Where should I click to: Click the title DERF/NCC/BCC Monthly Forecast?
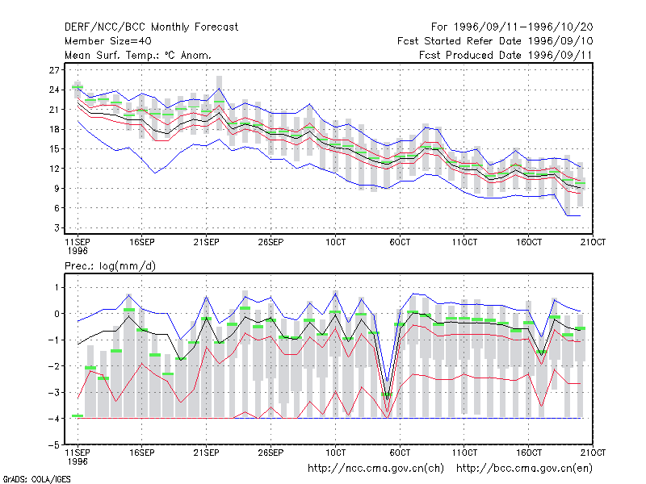(x=151, y=27)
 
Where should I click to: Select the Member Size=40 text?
(x=108, y=41)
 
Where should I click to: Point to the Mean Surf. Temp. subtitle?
(x=138, y=55)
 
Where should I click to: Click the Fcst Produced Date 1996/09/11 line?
(x=505, y=55)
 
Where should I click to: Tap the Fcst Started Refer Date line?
(x=495, y=41)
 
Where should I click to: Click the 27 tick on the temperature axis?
(x=54, y=70)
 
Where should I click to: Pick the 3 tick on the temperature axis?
(x=57, y=227)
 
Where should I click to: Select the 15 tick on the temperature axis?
(x=54, y=148)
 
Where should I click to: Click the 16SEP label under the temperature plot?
(x=142, y=242)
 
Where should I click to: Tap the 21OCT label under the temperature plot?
(x=593, y=242)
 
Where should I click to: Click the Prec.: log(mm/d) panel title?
(x=110, y=266)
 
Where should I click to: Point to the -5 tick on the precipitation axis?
(x=54, y=445)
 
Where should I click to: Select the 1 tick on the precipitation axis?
(x=57, y=287)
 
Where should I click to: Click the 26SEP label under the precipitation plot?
(x=271, y=453)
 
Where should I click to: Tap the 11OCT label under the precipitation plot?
(x=464, y=453)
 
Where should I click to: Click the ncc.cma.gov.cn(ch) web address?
(x=375, y=469)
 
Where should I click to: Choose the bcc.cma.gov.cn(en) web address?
(x=524, y=469)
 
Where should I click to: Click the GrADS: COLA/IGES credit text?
(x=36, y=479)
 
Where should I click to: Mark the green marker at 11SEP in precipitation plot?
(x=78, y=415)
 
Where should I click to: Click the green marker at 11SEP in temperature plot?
(x=78, y=87)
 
